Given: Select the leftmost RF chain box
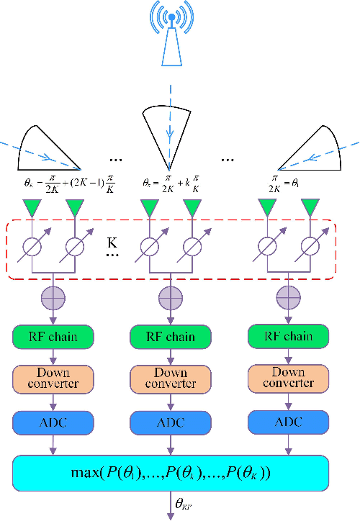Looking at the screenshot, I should tap(53, 336).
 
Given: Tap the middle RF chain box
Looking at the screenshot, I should tap(171, 336).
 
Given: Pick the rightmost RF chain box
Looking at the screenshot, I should tap(287, 336).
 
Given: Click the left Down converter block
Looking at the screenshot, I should tap(53, 379).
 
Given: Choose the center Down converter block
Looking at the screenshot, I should tap(171, 379).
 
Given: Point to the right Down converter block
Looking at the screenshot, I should tap(287, 379).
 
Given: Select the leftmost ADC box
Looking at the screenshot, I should tap(53, 422).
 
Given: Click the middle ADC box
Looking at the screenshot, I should tap(171, 422).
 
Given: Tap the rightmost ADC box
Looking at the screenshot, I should tap(287, 422).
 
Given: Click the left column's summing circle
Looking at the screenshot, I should tap(53, 296).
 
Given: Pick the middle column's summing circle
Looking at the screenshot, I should tap(171, 296).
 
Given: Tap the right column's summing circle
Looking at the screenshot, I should tap(287, 296).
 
